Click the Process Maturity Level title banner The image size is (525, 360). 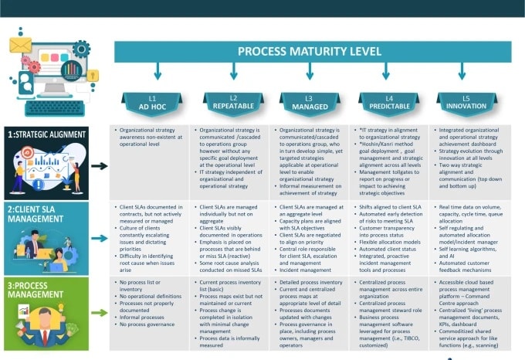309,52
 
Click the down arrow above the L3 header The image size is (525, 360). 310,73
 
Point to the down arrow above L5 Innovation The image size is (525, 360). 462,73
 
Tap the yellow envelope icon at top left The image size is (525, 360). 20,43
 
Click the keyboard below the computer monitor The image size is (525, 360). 56,107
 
